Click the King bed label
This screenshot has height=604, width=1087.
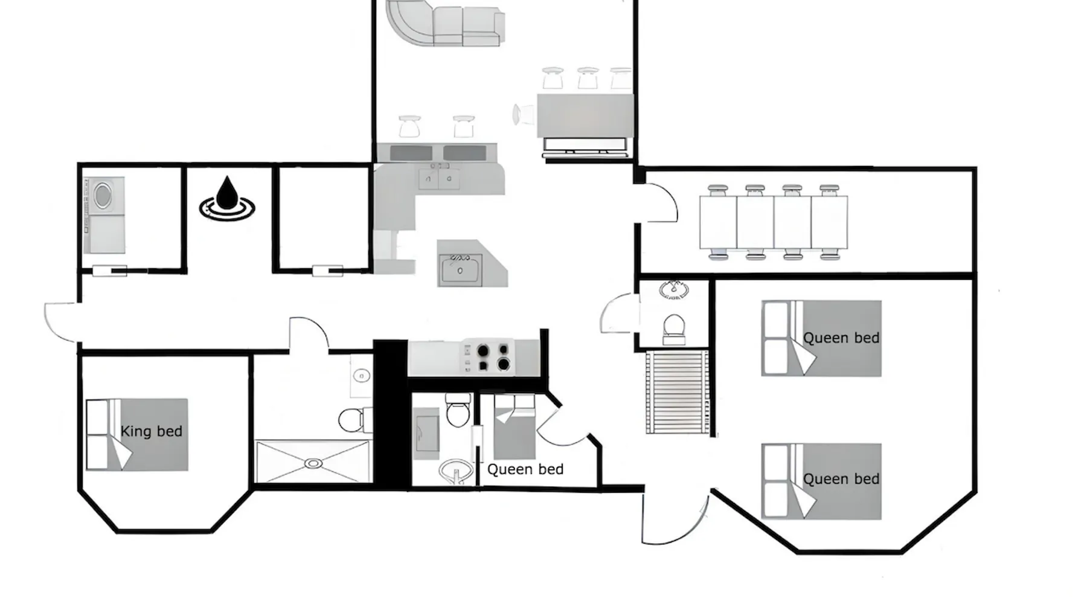click(x=152, y=431)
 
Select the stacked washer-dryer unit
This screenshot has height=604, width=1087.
click(x=104, y=215)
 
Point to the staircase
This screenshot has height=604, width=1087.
click(x=677, y=392)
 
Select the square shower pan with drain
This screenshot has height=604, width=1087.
click(x=313, y=461)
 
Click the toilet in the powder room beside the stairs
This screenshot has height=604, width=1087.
click(x=674, y=329)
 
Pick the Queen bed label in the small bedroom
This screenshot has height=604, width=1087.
click(x=525, y=469)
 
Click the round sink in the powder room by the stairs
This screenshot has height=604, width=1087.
click(x=672, y=289)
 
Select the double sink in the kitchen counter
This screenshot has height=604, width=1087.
click(x=439, y=178)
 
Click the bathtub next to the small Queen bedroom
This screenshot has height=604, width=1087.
click(x=427, y=433)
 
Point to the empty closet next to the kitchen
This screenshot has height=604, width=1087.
click(x=323, y=217)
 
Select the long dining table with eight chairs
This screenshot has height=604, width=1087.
click(x=774, y=222)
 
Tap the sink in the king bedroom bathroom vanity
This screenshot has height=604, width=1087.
click(x=361, y=376)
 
